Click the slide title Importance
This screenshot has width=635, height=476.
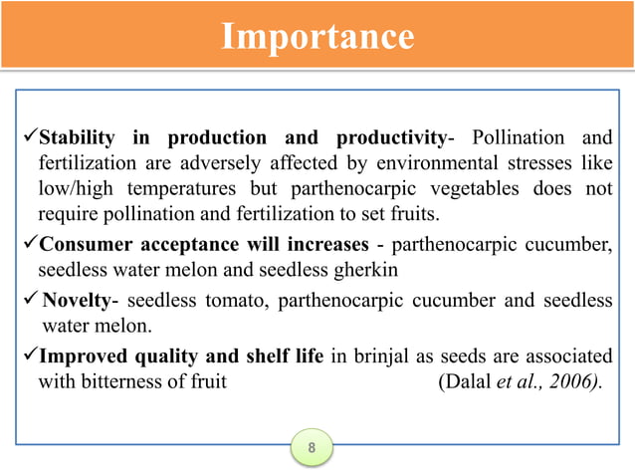point(317,37)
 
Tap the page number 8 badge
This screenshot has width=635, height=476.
point(312,448)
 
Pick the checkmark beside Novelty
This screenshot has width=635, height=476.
point(28,301)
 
